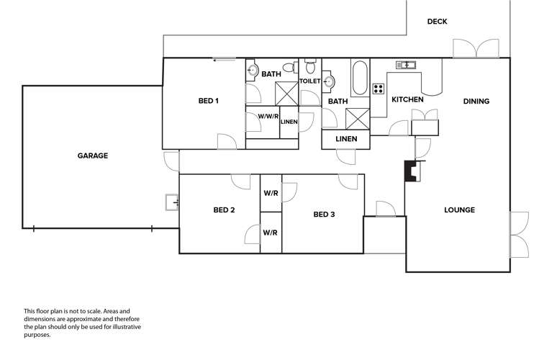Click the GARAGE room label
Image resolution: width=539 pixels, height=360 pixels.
(93, 156)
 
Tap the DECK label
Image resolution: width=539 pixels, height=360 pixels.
(437, 22)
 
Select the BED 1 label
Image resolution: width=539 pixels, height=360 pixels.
(208, 101)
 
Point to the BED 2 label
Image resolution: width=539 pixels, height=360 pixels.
(224, 210)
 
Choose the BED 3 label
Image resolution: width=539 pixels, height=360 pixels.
(324, 214)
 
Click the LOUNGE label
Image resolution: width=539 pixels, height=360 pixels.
(459, 210)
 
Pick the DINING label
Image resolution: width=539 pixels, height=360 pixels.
(476, 102)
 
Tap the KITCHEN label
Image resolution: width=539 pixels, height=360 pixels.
(407, 99)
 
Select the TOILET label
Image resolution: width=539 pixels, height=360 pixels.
(309, 81)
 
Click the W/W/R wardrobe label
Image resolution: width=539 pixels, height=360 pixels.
(268, 115)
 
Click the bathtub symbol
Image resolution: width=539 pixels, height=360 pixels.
(360, 79)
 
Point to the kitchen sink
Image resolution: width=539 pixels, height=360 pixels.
(407, 65)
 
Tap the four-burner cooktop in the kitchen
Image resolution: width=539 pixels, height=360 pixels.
(379, 89)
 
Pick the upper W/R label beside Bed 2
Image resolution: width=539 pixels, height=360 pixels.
(271, 193)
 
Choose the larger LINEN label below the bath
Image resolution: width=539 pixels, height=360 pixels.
(346, 138)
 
